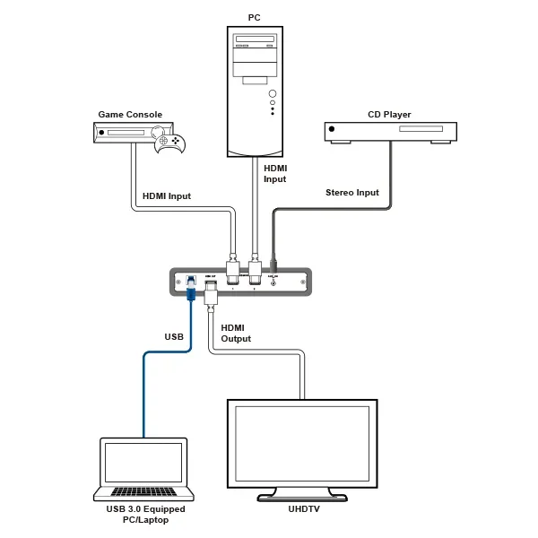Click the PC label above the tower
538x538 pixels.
[255, 17]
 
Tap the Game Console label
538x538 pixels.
[129, 115]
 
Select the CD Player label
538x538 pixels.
[389, 115]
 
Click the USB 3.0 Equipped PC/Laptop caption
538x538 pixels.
[143, 515]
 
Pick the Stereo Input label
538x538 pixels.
[351, 193]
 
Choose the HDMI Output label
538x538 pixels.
[236, 333]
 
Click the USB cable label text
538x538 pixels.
[174, 337]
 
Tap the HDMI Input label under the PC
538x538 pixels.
[274, 173]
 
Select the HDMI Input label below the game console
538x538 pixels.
[167, 196]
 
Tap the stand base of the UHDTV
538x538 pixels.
[300, 496]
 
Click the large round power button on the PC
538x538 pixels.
[272, 94]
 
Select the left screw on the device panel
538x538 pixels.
[178, 282]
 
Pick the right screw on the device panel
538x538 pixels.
[301, 282]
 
